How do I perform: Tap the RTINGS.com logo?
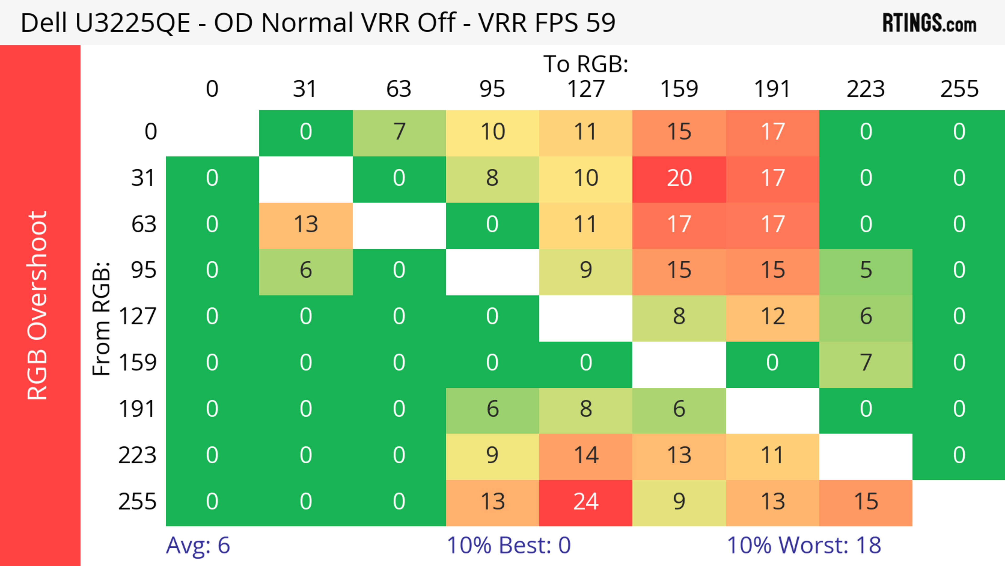tap(929, 23)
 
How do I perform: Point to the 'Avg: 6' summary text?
tap(198, 545)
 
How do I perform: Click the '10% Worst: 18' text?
tap(804, 545)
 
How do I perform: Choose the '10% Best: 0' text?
tap(508, 545)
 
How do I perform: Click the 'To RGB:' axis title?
tap(586, 64)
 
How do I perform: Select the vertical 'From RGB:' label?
tap(102, 318)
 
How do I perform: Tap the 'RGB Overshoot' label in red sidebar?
tap(38, 305)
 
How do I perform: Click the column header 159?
tap(679, 89)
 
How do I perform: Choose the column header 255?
tap(959, 89)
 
